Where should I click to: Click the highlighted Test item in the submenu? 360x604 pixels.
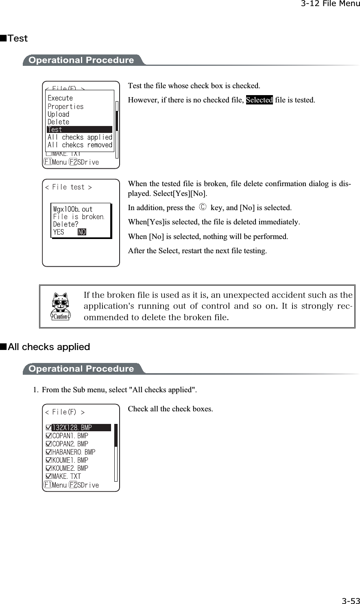(79, 130)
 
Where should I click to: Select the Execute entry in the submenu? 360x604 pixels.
(60, 98)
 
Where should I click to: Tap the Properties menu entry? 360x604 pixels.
(65, 106)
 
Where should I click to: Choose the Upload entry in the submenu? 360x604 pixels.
(59, 114)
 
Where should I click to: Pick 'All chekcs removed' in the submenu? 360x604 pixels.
(80, 145)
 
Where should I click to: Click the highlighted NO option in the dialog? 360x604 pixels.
(82, 232)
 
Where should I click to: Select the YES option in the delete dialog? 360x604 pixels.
(59, 232)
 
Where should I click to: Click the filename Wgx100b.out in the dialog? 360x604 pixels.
(73, 209)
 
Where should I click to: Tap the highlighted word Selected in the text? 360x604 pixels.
(259, 100)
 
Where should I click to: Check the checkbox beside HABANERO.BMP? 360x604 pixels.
(49, 452)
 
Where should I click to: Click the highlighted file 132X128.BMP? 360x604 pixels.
(81, 428)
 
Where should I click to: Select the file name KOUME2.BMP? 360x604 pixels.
(70, 468)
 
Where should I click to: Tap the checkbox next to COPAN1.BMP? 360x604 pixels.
(49, 436)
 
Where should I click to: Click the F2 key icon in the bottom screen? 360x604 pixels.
(73, 485)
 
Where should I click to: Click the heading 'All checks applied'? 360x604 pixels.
(49, 347)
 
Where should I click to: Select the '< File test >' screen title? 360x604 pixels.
(68, 187)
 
